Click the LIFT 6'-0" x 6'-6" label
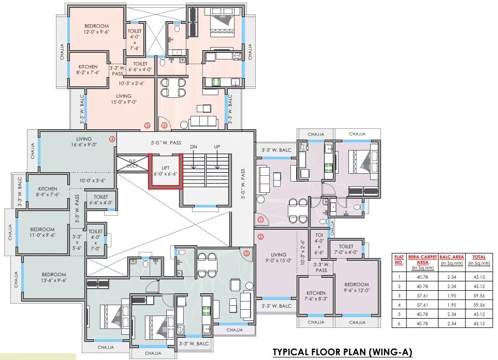click(166, 171)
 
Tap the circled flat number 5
click(147, 125)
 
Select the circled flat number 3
click(247, 253)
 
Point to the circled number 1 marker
click(261, 219)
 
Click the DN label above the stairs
click(194, 147)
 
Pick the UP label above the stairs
click(217, 147)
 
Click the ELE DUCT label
click(132, 163)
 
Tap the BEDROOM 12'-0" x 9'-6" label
click(97, 29)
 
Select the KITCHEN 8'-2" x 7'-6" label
click(88, 69)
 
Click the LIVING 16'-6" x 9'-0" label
click(84, 142)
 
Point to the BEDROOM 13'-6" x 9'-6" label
click(54, 277)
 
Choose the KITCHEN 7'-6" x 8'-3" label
click(316, 296)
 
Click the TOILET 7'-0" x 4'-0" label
click(346, 249)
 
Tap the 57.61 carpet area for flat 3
click(422, 295)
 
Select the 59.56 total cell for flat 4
click(479, 305)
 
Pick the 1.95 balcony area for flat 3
click(451, 295)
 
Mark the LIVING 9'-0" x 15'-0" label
click(279, 258)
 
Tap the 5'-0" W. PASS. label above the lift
click(166, 143)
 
